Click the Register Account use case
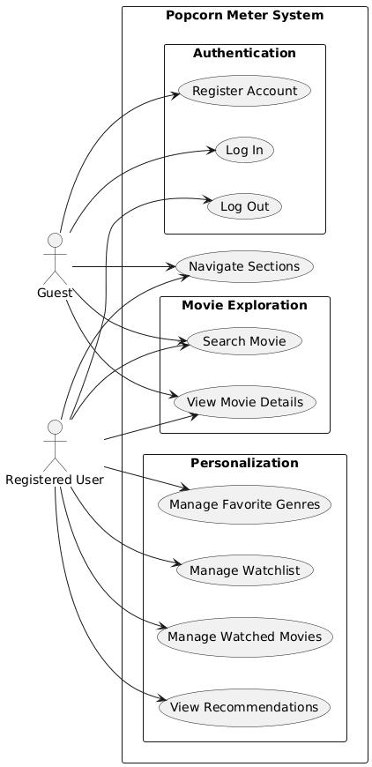(244, 91)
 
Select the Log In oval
(244, 149)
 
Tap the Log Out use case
(244, 206)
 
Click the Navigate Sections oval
(244, 265)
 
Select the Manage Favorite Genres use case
(244, 505)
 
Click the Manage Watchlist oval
(244, 570)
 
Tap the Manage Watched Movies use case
(244, 636)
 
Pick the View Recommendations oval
(244, 707)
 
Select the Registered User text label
(56, 480)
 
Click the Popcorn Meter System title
(244, 16)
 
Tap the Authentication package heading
(244, 54)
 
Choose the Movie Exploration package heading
(244, 306)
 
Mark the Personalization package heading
(244, 463)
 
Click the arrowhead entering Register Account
(175, 93)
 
